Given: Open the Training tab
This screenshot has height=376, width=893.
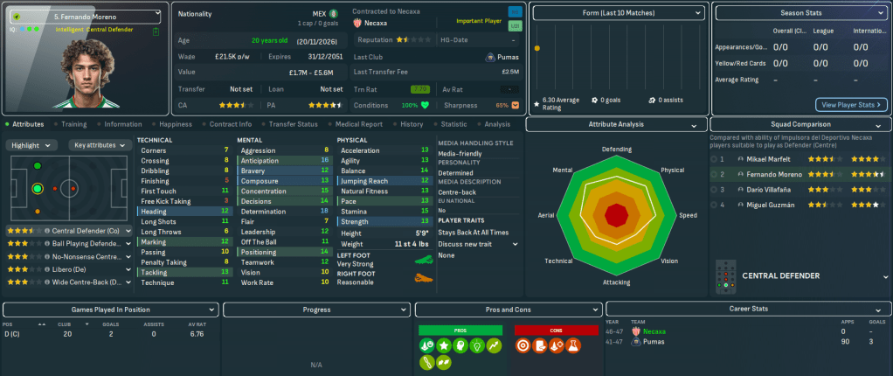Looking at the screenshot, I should [x=73, y=124].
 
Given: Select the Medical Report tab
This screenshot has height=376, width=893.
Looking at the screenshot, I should [x=358, y=124].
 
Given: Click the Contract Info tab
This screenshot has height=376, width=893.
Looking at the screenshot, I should [x=231, y=124].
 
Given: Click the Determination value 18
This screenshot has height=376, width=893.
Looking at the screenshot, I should [x=324, y=212].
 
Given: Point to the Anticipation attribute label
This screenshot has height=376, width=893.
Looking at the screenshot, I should [x=260, y=161].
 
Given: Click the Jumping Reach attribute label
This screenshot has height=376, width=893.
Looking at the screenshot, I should [x=364, y=181].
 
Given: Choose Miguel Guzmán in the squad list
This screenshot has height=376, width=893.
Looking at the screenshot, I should [x=768, y=205].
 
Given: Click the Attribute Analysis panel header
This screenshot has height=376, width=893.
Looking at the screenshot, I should [x=617, y=125].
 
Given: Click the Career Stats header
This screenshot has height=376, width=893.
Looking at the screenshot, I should [x=747, y=309].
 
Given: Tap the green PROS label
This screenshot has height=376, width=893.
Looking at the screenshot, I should [x=460, y=330].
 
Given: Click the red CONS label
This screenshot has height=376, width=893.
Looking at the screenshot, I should [x=555, y=330].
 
